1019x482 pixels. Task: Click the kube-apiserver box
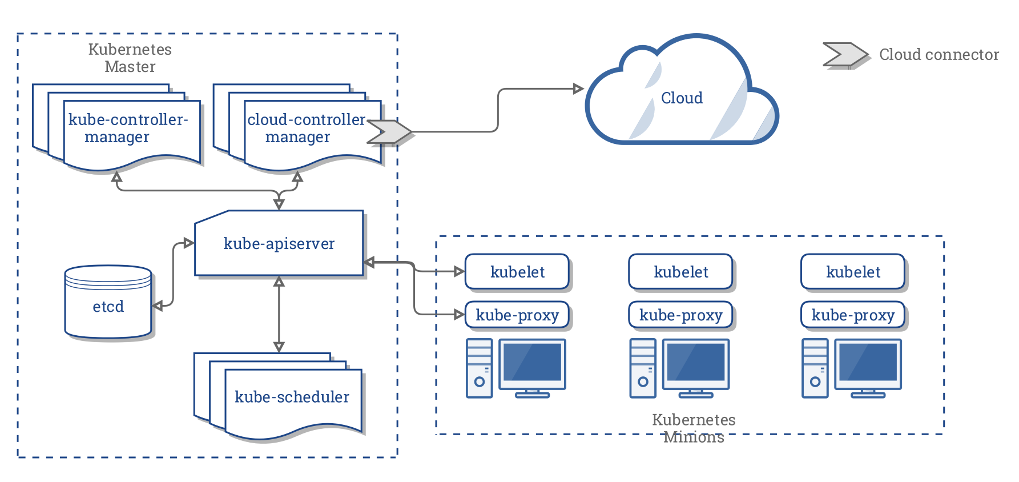(x=279, y=244)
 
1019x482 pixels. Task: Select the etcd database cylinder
(x=108, y=303)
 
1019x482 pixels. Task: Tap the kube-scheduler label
(x=292, y=397)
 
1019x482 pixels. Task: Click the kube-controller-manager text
(x=128, y=128)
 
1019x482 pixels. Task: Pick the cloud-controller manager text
(x=305, y=128)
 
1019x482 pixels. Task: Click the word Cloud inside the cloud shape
(x=682, y=98)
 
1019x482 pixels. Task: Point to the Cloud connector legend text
(x=939, y=55)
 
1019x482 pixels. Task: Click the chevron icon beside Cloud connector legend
(x=845, y=55)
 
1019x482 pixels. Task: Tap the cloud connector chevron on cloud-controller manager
(x=389, y=131)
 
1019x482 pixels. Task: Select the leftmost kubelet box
(x=517, y=272)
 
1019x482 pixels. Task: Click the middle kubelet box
(x=680, y=272)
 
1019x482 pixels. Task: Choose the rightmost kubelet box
(x=853, y=272)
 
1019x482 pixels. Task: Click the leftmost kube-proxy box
(x=517, y=315)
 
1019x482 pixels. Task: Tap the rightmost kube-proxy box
(x=853, y=315)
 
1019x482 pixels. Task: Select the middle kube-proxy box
(x=680, y=315)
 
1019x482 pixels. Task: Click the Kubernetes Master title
(x=130, y=58)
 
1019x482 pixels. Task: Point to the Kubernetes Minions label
(x=694, y=428)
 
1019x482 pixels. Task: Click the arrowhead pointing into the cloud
(x=578, y=89)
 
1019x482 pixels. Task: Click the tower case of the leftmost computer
(x=479, y=368)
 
